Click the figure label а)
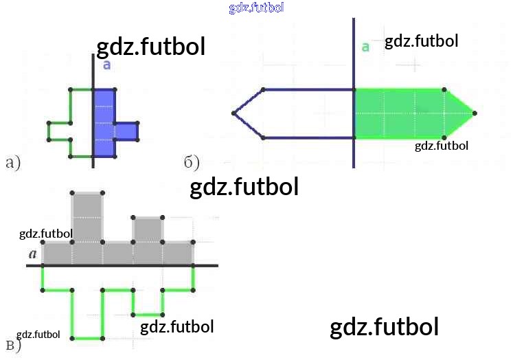tap(13, 163)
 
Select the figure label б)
tap(192, 163)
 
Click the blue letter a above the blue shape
tap(106, 65)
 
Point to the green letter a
tap(365, 47)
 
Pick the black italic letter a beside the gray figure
tap(32, 254)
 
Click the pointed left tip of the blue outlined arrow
tap(233, 113)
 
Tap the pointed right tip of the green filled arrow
tap(475, 113)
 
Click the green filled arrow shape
tap(405, 113)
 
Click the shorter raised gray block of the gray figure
tap(148, 229)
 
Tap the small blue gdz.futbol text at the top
tap(256, 8)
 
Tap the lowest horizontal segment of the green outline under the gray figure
tap(87, 338)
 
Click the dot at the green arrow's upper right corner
tap(445, 90)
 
